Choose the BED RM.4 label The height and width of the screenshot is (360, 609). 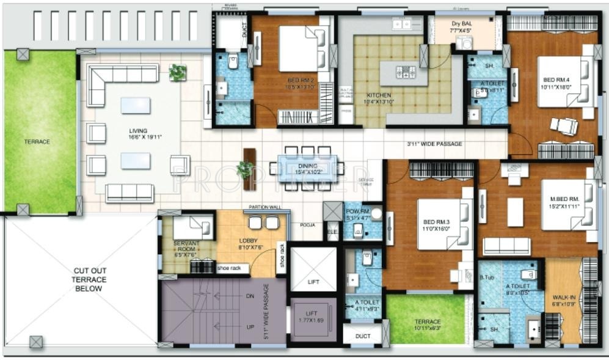pyautogui.click(x=554, y=83)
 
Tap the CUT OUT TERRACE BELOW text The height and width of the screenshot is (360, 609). pyautogui.click(x=89, y=279)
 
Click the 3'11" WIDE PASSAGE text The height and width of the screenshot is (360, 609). pyautogui.click(x=434, y=144)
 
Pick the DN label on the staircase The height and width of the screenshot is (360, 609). pyautogui.click(x=249, y=295)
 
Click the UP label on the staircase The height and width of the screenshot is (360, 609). pyautogui.click(x=249, y=326)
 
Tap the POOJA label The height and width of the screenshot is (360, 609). pyautogui.click(x=307, y=226)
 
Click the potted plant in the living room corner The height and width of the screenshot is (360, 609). pyautogui.click(x=177, y=73)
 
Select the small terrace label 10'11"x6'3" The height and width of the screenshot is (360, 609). pyautogui.click(x=428, y=325)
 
